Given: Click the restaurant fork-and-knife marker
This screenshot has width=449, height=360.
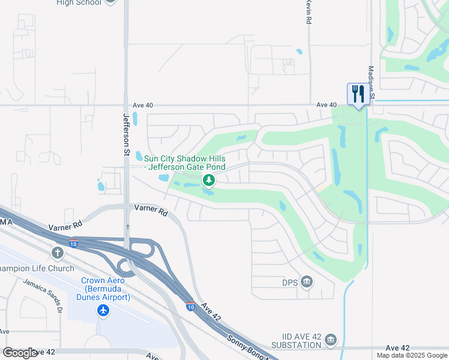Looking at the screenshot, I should (358, 95).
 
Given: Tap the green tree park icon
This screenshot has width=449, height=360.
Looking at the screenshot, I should (209, 179).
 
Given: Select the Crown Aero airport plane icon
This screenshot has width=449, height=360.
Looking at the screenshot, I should (103, 310).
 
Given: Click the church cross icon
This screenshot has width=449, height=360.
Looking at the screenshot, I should (58, 253).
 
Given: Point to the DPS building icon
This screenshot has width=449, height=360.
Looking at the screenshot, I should (307, 281).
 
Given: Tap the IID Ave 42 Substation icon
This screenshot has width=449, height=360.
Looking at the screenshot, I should (331, 341).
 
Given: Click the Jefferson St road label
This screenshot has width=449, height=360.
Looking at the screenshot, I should (127, 136).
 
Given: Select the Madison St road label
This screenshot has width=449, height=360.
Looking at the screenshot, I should (372, 83).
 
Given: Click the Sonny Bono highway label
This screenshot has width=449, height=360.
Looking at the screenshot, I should (246, 346).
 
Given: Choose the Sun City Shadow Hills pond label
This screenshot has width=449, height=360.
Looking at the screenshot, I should (185, 162).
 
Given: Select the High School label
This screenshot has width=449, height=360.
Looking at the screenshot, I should (79, 2).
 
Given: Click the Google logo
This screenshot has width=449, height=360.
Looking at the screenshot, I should (20, 353).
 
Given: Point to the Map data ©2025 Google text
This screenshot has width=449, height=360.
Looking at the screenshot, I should (411, 355).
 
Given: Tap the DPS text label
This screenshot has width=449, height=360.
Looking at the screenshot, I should (290, 282).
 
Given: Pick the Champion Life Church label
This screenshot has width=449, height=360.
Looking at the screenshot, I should (37, 268).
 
